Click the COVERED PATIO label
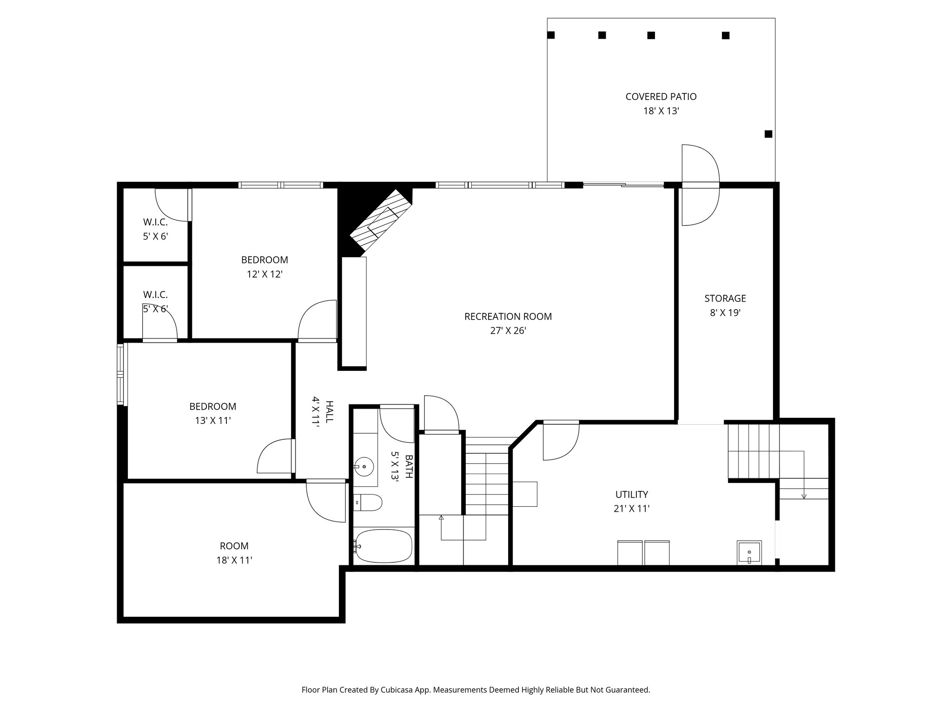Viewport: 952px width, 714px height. point(661,97)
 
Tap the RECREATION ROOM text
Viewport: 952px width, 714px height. point(508,317)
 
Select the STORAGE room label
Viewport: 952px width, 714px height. point(725,298)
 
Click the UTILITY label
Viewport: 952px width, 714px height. point(632,495)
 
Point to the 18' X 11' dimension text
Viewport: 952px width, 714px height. point(234,561)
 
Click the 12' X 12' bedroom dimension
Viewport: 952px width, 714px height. point(264,275)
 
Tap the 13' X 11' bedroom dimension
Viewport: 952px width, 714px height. point(213,421)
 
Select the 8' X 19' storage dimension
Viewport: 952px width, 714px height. point(725,313)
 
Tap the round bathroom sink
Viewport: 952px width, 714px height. point(364,466)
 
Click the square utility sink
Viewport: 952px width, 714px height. point(749,553)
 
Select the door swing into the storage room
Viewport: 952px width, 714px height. point(700,207)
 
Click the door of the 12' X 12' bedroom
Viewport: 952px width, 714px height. point(317,321)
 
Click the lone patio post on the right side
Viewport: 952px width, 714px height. point(768,134)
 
